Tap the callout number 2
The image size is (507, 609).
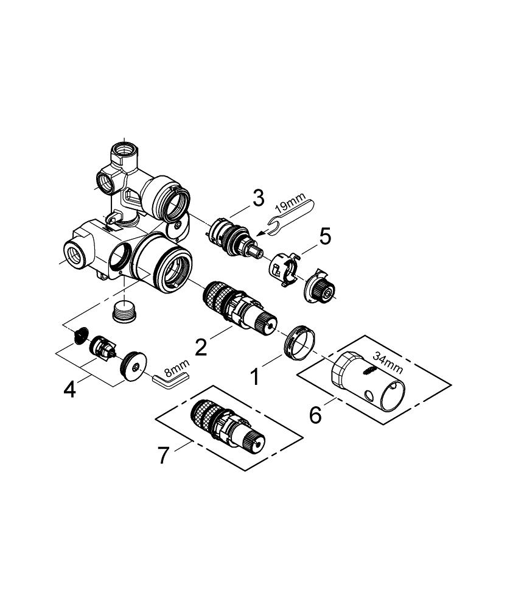point(201,347)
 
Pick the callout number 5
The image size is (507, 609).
point(324,236)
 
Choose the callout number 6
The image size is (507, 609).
point(315,415)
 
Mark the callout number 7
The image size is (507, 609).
point(164,456)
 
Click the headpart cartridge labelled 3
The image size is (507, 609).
point(233,238)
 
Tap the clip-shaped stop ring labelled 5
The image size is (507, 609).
point(285,270)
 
